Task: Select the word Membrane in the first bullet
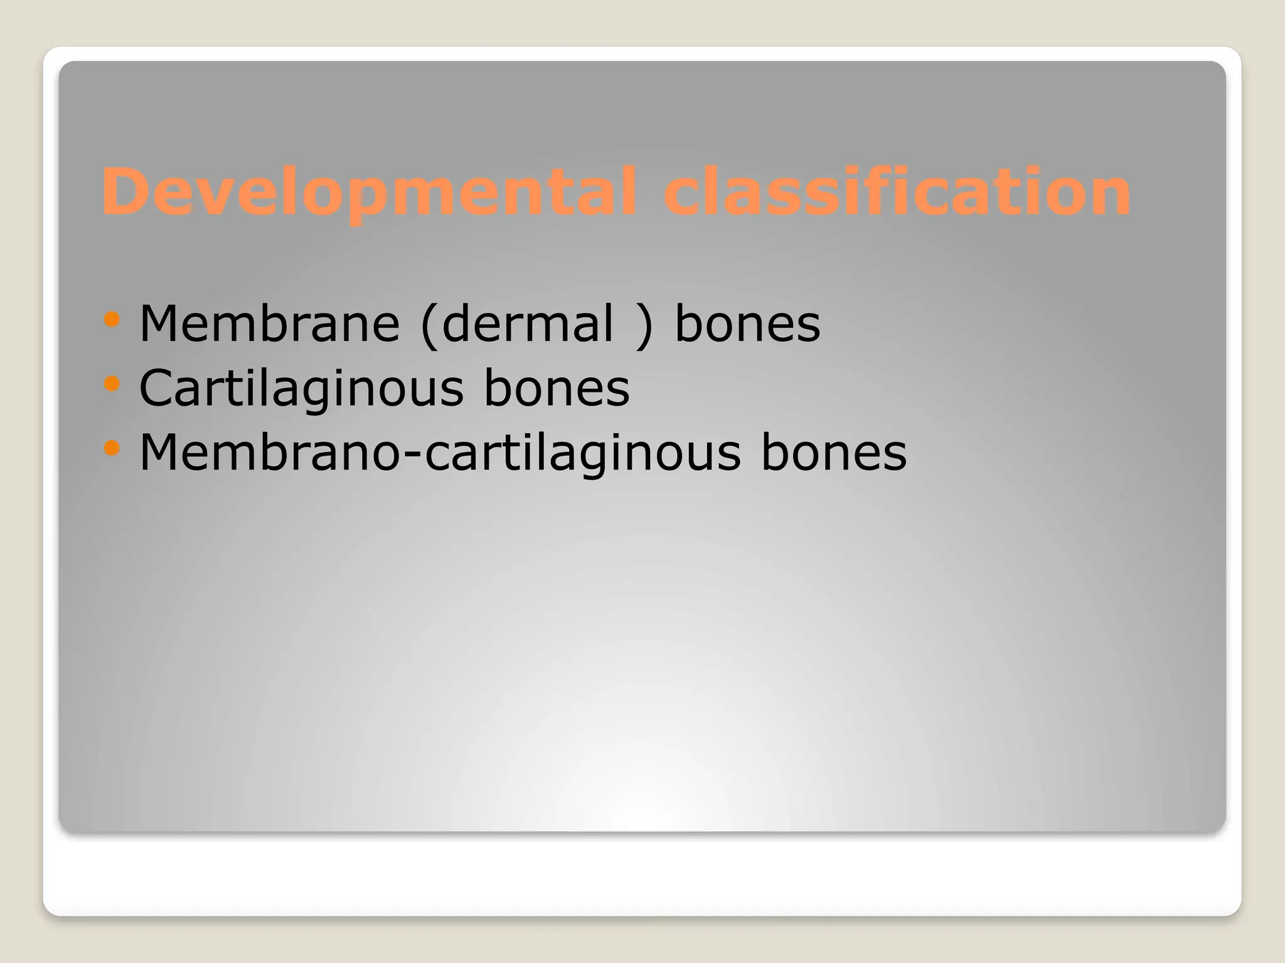[269, 324]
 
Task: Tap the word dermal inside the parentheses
[527, 324]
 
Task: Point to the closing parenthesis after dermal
[644, 325]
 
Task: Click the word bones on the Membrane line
[747, 324]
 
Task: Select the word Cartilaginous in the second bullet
[302, 388]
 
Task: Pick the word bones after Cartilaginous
[557, 388]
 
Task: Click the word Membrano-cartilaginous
[440, 453]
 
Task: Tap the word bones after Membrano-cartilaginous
[834, 453]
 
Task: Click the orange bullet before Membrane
[112, 320]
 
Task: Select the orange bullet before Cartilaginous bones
[112, 384]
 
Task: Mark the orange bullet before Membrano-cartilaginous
[112, 448]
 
